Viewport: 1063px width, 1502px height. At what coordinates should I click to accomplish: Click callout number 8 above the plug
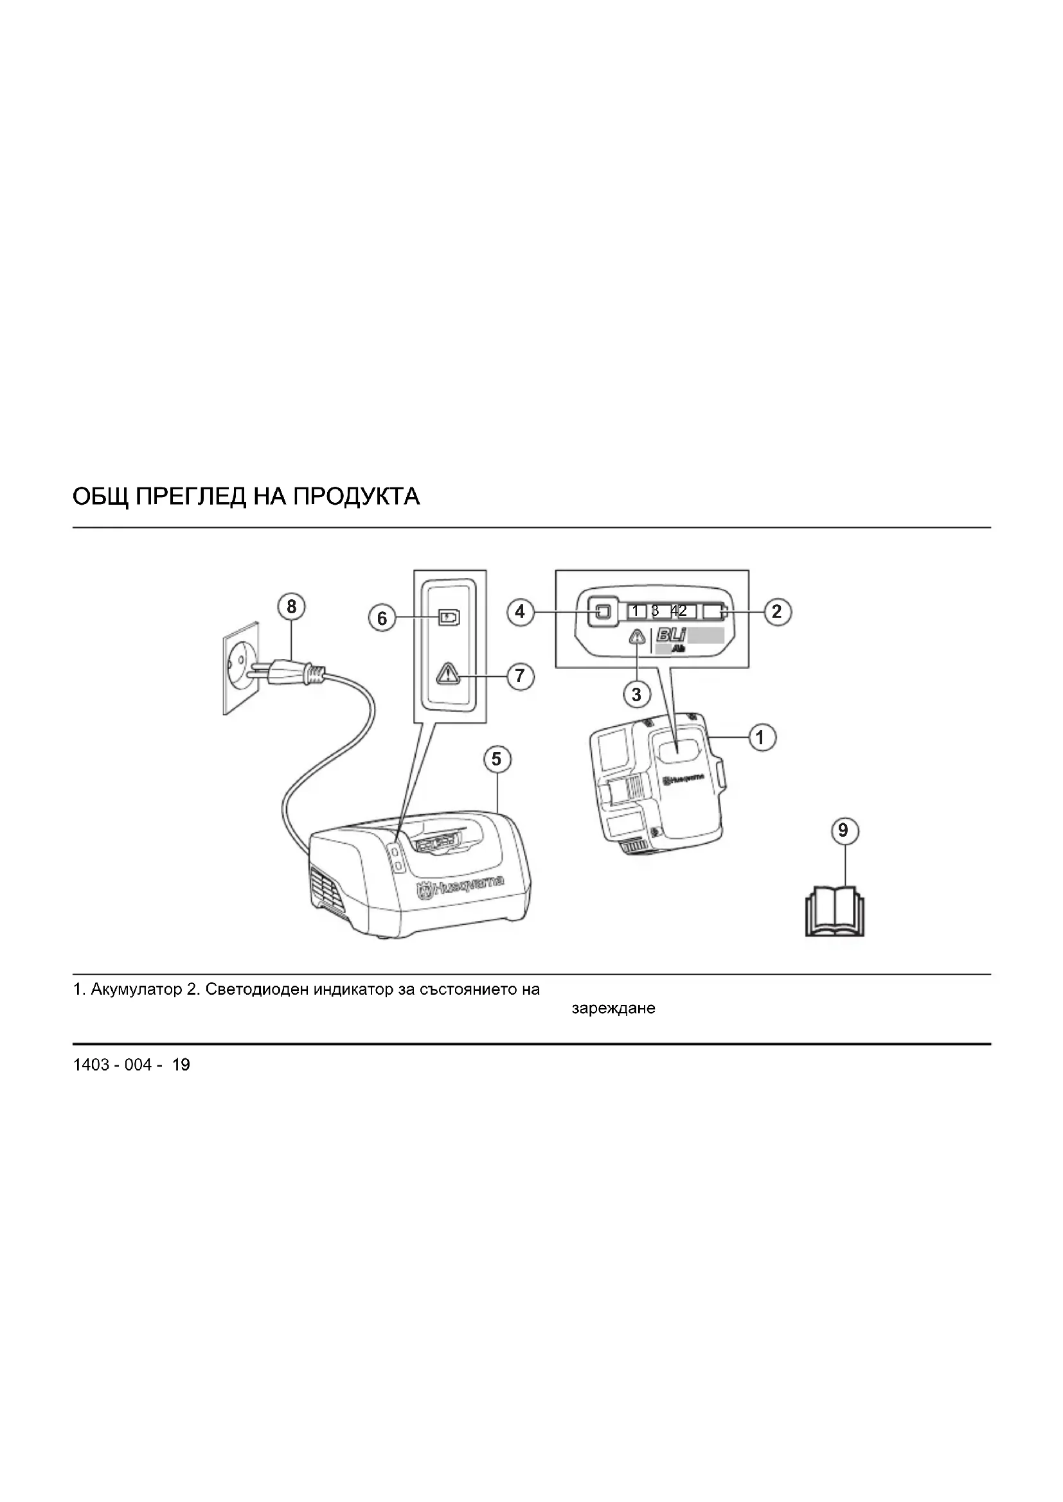291,607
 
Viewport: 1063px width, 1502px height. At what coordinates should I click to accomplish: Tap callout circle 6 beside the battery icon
382,618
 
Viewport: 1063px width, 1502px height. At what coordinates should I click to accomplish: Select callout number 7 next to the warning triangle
521,675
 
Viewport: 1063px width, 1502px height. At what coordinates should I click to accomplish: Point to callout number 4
521,613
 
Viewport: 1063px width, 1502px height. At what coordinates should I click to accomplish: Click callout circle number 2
777,612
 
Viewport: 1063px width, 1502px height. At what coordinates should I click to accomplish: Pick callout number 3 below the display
637,694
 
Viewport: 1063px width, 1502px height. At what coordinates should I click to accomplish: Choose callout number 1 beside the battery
760,738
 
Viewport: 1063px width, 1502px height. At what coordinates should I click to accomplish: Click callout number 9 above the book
844,831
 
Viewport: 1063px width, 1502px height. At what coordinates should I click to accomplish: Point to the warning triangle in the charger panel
449,673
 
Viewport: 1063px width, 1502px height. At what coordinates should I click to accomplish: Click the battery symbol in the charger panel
449,618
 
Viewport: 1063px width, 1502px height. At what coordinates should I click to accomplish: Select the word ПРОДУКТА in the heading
356,497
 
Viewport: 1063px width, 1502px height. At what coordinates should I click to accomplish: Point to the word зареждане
613,1009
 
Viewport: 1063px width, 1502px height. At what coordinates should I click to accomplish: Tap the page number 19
181,1065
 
